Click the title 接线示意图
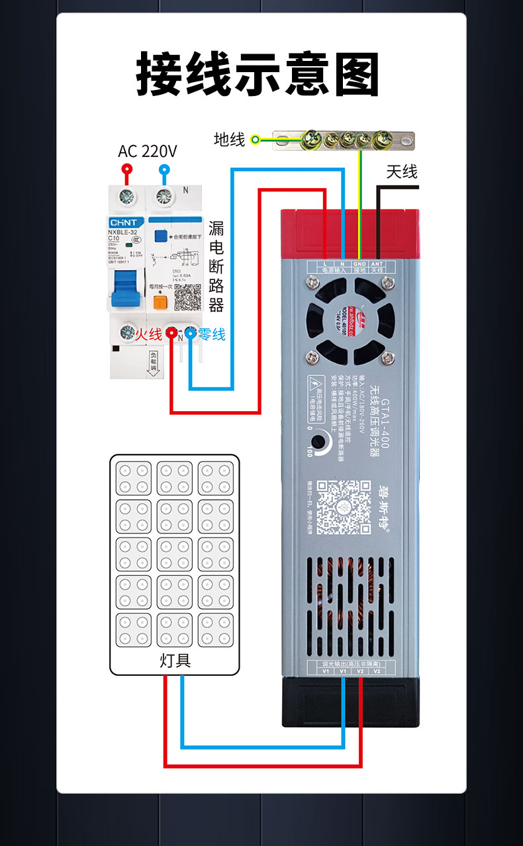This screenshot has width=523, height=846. point(258,74)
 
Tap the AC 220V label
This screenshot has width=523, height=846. point(148,152)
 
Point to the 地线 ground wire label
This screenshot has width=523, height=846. point(229,140)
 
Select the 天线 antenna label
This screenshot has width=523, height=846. point(402,172)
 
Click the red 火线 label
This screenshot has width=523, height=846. point(149,335)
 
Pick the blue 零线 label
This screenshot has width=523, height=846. point(212,335)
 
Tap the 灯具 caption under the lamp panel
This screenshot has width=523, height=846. point(175,660)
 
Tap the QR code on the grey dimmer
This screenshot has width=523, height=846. point(342,507)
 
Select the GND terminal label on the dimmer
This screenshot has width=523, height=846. point(359,263)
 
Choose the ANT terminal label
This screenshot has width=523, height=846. point(377,263)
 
